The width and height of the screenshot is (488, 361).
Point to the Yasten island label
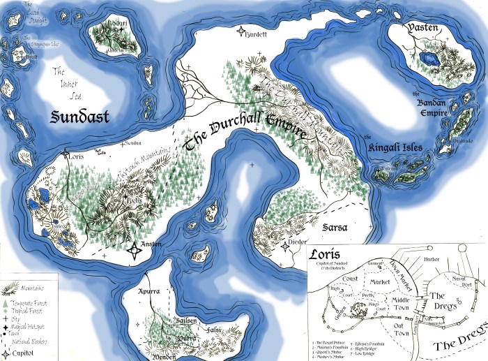coord(418,30)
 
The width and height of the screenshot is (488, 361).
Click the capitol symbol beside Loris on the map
coord(66,154)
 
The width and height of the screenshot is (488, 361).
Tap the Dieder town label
coord(297,243)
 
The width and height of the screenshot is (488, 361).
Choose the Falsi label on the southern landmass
coord(214,329)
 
